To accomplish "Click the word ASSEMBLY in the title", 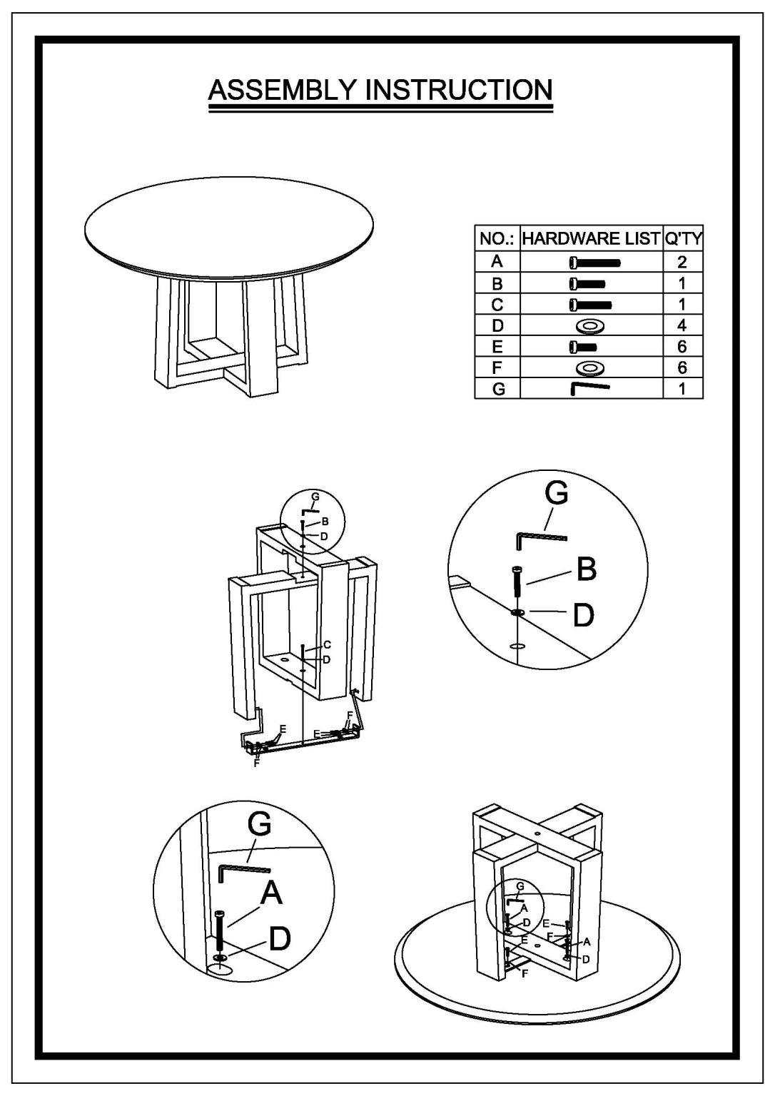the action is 283,90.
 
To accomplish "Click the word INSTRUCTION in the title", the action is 460,90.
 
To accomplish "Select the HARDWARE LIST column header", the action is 591,238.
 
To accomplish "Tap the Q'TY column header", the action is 683,238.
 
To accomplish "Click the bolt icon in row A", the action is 594,263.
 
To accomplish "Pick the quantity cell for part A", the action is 682,263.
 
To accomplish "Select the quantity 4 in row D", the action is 682,325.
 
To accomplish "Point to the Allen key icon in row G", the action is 590,388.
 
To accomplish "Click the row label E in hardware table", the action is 497,347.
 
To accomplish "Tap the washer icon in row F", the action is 591,367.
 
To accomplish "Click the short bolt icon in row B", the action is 587,284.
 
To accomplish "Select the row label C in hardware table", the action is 497,305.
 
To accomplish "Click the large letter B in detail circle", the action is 587,569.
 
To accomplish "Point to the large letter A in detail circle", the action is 272,892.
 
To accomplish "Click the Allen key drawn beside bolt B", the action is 541,540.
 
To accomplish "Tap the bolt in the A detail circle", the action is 219,932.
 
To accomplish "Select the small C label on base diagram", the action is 328,645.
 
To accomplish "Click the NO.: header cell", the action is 497,238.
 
